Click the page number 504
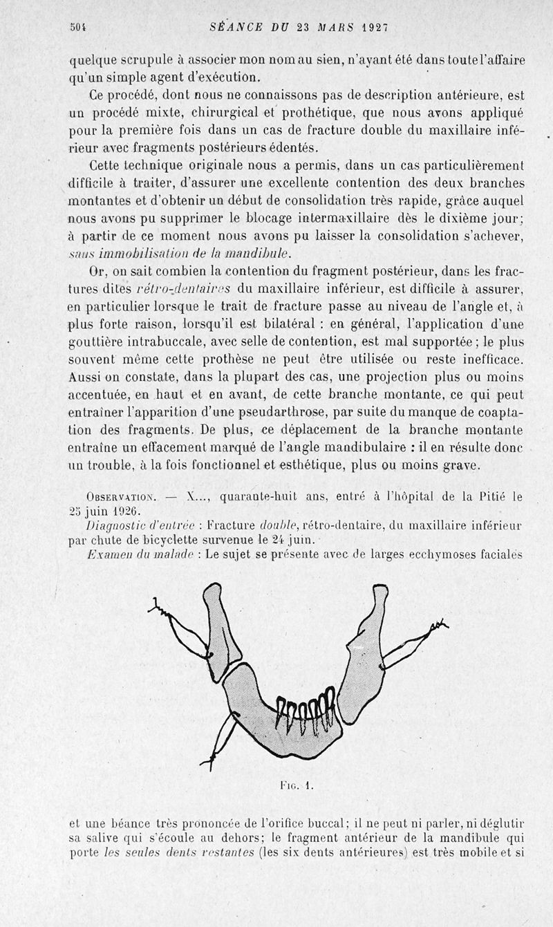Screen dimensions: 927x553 [x=77, y=28]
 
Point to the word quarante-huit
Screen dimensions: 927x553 [x=250, y=496]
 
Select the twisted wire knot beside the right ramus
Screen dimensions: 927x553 [x=436, y=628]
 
